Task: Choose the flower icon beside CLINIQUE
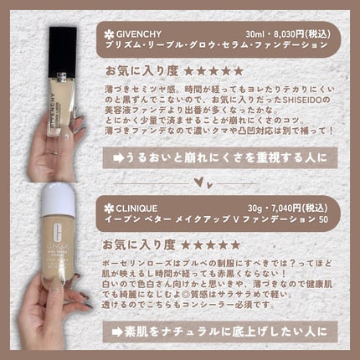(109, 204)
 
